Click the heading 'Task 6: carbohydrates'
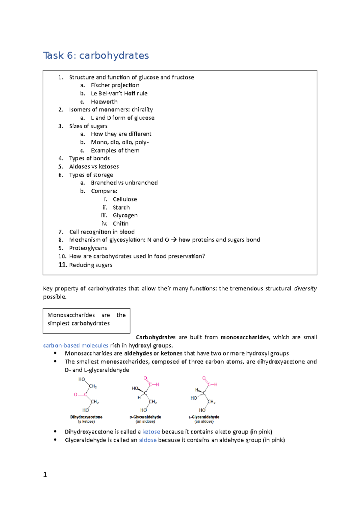[96, 55]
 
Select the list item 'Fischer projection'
[115, 85]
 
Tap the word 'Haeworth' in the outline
[104, 102]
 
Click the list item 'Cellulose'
[125, 199]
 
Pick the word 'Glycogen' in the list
[125, 216]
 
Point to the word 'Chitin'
[121, 224]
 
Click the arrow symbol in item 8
[174, 240]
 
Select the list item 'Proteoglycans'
[88, 248]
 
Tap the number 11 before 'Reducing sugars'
[62, 265]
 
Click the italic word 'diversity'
[305, 288]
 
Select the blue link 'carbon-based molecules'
[76, 346]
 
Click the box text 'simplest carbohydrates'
[78, 323]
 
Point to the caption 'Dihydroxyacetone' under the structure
[86, 417]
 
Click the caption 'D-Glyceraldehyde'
[145, 417]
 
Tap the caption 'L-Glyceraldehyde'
[204, 417]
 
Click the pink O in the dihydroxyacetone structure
[76, 394]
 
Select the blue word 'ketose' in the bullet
[151, 432]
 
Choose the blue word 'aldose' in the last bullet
[148, 440]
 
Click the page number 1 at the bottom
[45, 475]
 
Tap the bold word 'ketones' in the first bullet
[172, 354]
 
